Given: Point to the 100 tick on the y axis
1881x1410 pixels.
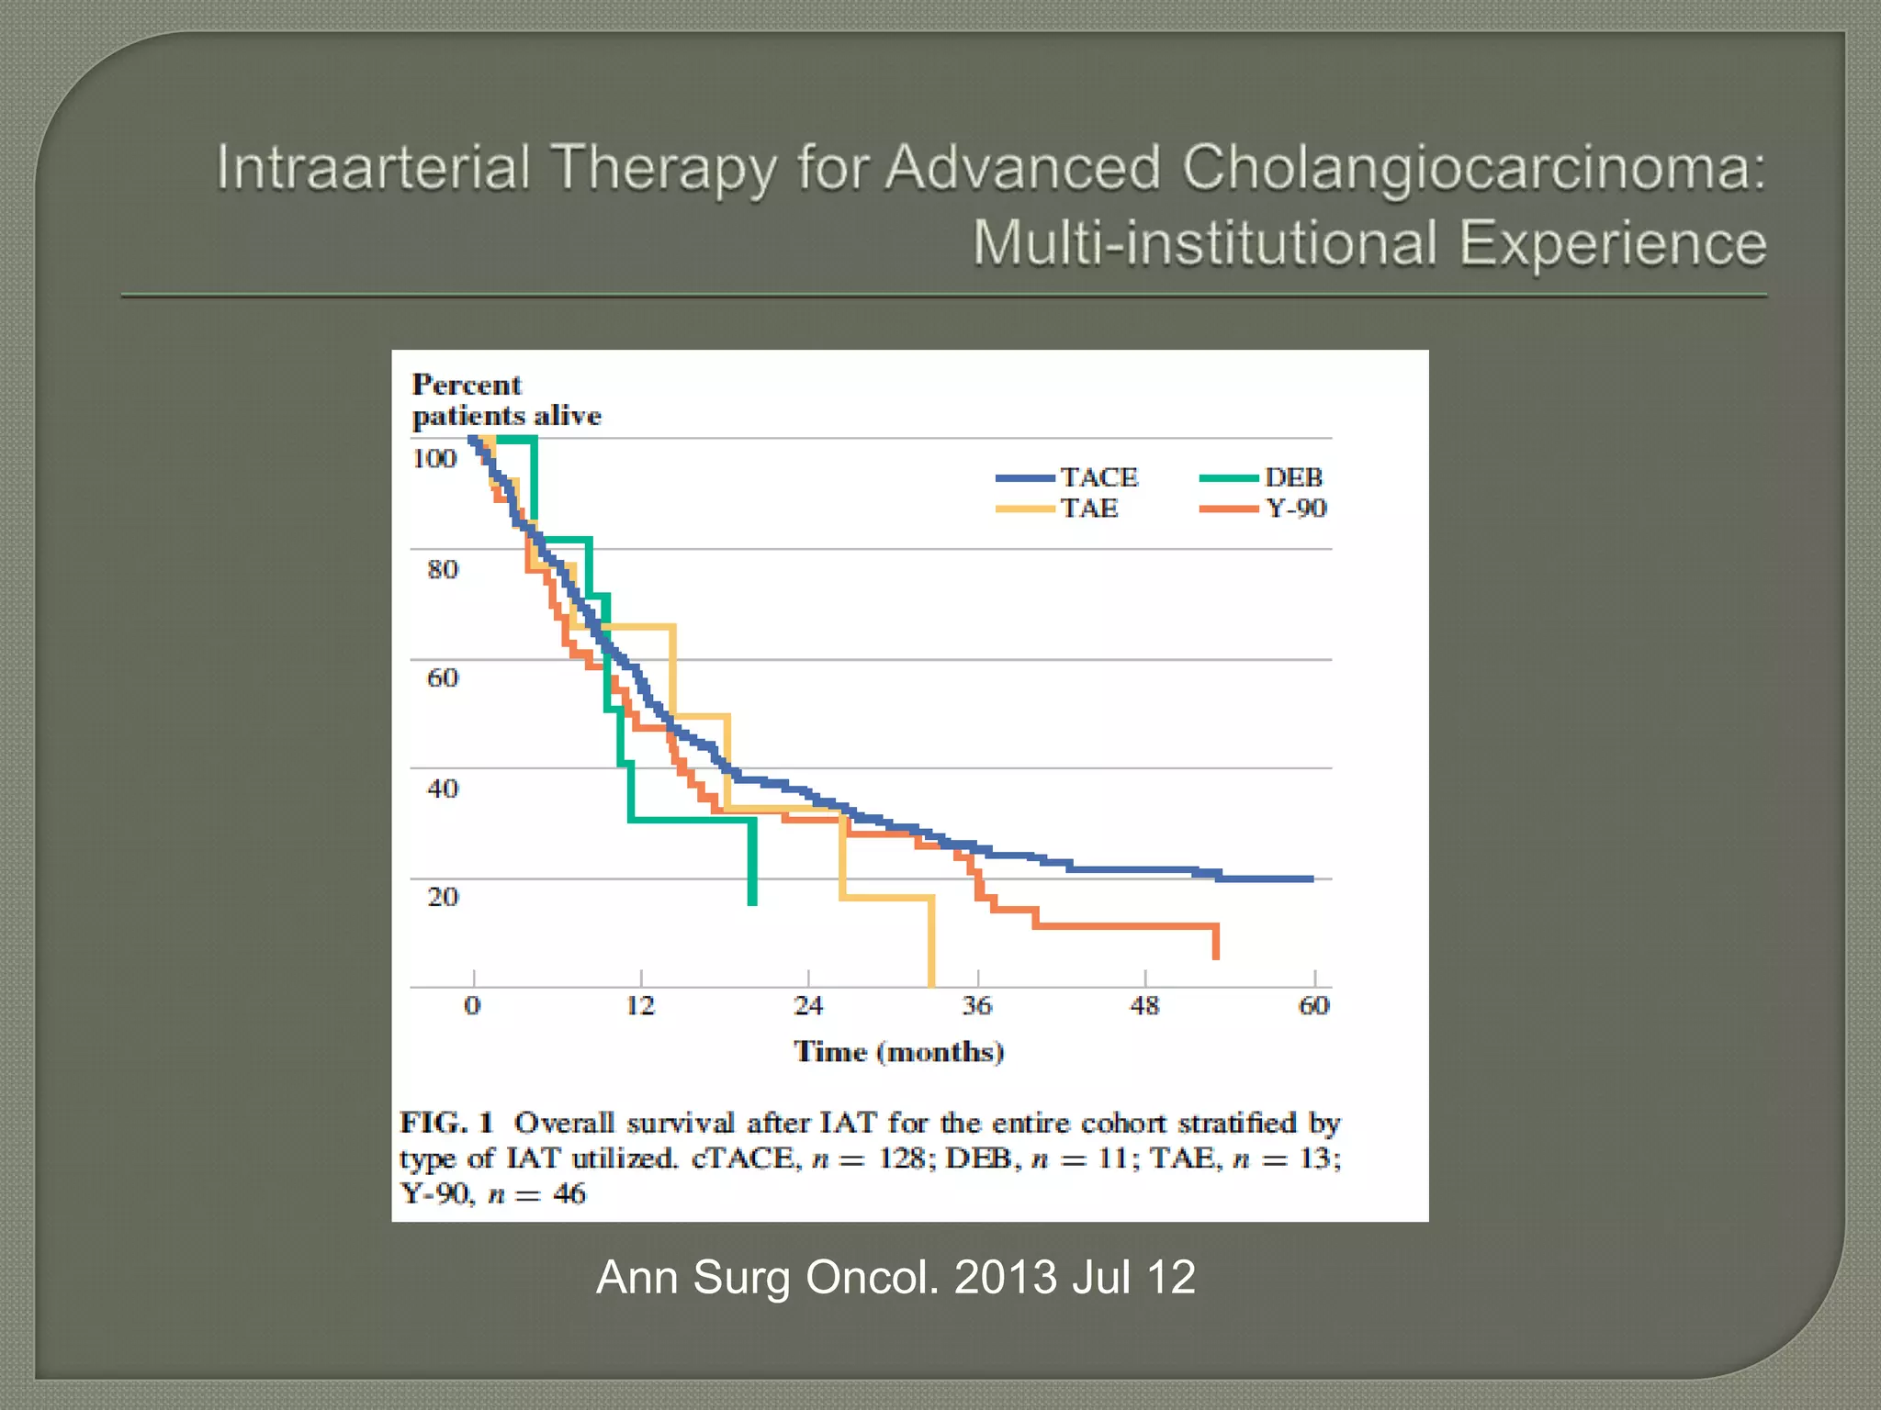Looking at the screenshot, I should (x=434, y=458).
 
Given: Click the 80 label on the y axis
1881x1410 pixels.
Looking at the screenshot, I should (x=442, y=569).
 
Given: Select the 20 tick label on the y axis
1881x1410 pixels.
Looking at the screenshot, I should (x=442, y=897).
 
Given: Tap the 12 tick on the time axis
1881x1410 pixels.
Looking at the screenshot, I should (x=640, y=1006).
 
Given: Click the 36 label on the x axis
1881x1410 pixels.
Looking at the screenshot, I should (x=977, y=1006).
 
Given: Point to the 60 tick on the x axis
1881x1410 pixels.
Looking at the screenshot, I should (x=1313, y=1006).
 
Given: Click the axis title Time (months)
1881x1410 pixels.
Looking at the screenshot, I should (x=898, y=1052).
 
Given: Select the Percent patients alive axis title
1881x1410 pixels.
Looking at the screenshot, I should (x=506, y=400).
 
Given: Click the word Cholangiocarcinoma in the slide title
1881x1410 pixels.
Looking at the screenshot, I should (x=1472, y=169).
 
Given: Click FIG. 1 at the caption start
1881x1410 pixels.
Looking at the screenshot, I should (x=447, y=1123).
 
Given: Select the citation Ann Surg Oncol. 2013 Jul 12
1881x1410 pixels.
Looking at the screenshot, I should (x=895, y=1277).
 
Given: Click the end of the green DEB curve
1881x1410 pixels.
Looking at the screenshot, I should (x=752, y=903).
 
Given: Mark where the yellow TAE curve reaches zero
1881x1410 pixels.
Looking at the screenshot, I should (x=931, y=986).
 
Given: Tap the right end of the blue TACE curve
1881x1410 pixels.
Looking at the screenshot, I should (x=1312, y=878).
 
